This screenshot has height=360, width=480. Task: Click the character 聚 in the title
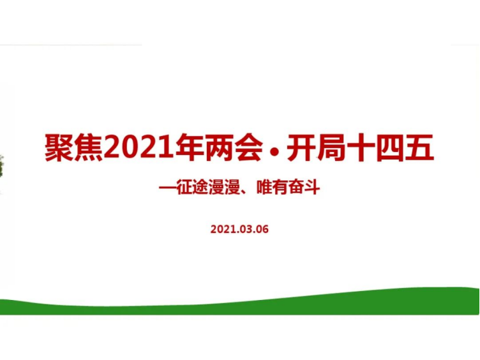pyautogui.click(x=59, y=148)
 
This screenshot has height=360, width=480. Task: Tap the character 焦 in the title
pyautogui.click(x=89, y=148)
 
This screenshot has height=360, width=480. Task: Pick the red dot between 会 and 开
pyautogui.click(x=274, y=150)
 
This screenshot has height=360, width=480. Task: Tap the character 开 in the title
pyautogui.click(x=301, y=148)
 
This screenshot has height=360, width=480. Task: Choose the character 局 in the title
pyautogui.click(x=331, y=148)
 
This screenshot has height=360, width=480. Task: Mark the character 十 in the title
pyautogui.click(x=360, y=148)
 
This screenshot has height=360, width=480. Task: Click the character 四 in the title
pyautogui.click(x=390, y=148)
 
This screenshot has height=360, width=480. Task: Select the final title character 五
pyautogui.click(x=419, y=148)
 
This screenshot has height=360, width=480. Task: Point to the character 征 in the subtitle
pyautogui.click(x=184, y=187)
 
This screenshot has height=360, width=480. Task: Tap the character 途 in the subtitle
pyautogui.click(x=200, y=187)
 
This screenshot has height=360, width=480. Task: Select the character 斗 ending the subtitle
pyautogui.click(x=312, y=187)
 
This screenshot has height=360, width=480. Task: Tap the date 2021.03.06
pyautogui.click(x=239, y=229)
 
